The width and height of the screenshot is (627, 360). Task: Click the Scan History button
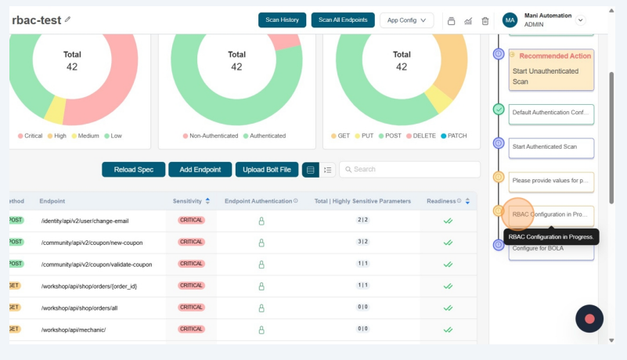[x=282, y=20]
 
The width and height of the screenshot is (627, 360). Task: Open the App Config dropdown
[x=406, y=20]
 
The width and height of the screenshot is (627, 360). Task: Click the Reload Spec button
[x=133, y=170]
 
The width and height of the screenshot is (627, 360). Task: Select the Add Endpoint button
[x=200, y=170]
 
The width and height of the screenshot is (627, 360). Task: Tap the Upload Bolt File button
[x=266, y=170]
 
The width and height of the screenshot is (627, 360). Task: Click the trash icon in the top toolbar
[x=485, y=21]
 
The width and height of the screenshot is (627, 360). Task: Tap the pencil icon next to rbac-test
[x=67, y=20]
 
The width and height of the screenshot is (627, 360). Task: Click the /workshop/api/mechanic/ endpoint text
[x=74, y=329]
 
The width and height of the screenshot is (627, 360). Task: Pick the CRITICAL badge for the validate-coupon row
[x=191, y=264]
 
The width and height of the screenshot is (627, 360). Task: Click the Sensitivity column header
[x=188, y=201]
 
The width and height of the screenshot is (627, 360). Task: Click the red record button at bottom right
[x=589, y=319]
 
